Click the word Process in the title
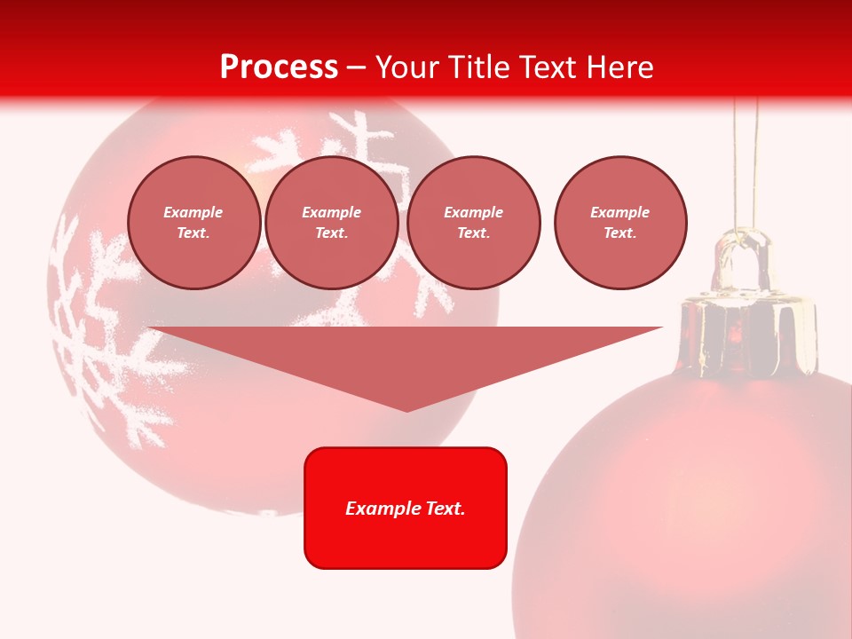tap(279, 67)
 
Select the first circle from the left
tap(194, 223)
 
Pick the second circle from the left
tap(332, 223)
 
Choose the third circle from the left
tap(474, 223)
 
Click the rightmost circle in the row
tap(620, 223)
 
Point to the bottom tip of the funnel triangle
tap(406, 409)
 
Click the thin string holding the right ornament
tap(745, 160)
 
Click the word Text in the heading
tap(547, 67)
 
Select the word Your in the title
tap(406, 67)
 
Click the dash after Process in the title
tap(356, 68)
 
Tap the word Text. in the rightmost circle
tap(620, 233)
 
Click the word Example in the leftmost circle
tap(193, 212)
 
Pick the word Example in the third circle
tap(474, 212)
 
